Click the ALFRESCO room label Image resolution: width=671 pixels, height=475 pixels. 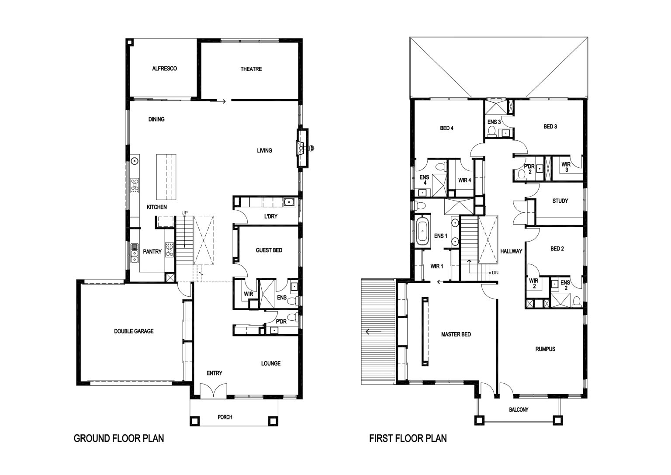coord(164,69)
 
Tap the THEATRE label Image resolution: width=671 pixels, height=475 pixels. coord(251,69)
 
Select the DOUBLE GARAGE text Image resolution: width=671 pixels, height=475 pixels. coord(134,331)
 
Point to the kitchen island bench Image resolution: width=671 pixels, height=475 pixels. coord(166,177)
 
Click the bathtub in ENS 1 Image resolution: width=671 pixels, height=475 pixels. coord(423,231)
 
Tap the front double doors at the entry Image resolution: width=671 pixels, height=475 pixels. coord(213,391)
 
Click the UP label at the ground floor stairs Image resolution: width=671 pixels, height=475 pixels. coord(184,213)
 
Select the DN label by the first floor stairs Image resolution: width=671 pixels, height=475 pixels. coord(495,273)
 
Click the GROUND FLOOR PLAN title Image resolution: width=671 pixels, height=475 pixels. coord(119,438)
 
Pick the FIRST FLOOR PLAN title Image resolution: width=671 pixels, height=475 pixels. coord(408,438)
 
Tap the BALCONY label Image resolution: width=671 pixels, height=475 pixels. coord(519,409)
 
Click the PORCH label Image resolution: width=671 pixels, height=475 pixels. coord(225,417)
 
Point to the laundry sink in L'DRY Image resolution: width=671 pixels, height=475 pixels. coord(289,202)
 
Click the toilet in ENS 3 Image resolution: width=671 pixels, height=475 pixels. coord(491,132)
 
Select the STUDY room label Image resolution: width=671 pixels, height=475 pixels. coord(560,201)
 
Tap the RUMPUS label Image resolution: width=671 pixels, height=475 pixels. coord(546,349)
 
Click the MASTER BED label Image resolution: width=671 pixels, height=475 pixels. coord(456,334)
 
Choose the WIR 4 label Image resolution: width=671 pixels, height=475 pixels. coord(465,180)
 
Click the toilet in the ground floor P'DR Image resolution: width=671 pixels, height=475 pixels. coord(292,317)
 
